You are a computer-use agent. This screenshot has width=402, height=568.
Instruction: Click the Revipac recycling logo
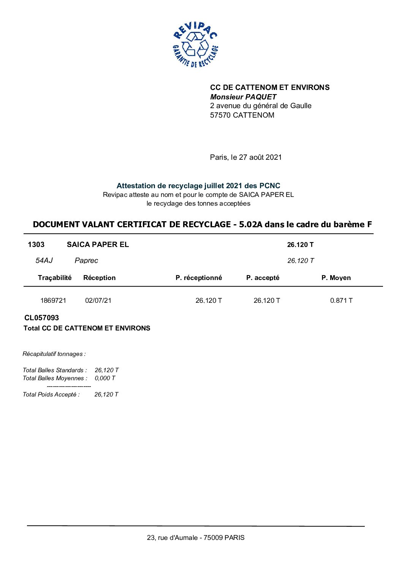click(195, 45)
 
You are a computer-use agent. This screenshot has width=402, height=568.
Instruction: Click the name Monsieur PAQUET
click(243, 97)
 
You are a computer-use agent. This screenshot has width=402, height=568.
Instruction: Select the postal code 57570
click(220, 115)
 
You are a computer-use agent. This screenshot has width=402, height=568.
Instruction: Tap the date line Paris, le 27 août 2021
click(246, 157)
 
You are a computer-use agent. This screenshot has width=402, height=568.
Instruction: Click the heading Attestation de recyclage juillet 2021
click(198, 186)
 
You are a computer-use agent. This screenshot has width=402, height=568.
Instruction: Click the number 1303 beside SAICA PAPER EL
click(36, 244)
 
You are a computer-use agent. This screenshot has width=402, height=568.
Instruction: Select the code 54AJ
click(44, 260)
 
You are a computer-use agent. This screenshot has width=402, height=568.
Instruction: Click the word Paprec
click(86, 260)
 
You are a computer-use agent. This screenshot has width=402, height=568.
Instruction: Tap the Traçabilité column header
click(55, 278)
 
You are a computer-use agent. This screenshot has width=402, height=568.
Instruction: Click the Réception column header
click(99, 278)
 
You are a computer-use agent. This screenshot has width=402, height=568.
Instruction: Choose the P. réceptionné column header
click(199, 278)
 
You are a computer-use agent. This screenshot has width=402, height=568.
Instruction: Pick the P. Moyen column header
click(336, 278)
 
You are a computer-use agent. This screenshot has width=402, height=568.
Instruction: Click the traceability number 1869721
click(53, 301)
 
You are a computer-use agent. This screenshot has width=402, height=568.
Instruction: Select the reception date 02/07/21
click(98, 301)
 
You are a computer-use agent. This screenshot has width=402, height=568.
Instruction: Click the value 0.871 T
click(341, 301)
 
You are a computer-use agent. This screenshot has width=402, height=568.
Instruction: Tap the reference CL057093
click(41, 318)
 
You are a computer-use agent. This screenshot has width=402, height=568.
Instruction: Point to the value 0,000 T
click(105, 378)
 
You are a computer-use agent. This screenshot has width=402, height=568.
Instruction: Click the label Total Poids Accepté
click(51, 394)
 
